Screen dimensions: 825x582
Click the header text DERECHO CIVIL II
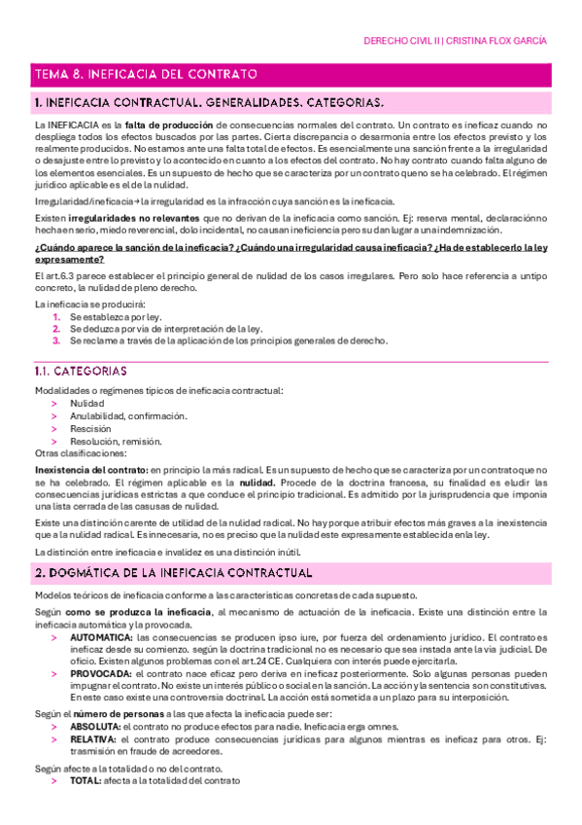point(400,42)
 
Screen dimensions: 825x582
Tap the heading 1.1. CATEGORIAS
point(89,372)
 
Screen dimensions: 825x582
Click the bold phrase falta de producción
point(171,126)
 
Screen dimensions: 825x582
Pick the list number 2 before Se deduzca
point(57,329)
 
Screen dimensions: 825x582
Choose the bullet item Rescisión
point(90,428)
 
